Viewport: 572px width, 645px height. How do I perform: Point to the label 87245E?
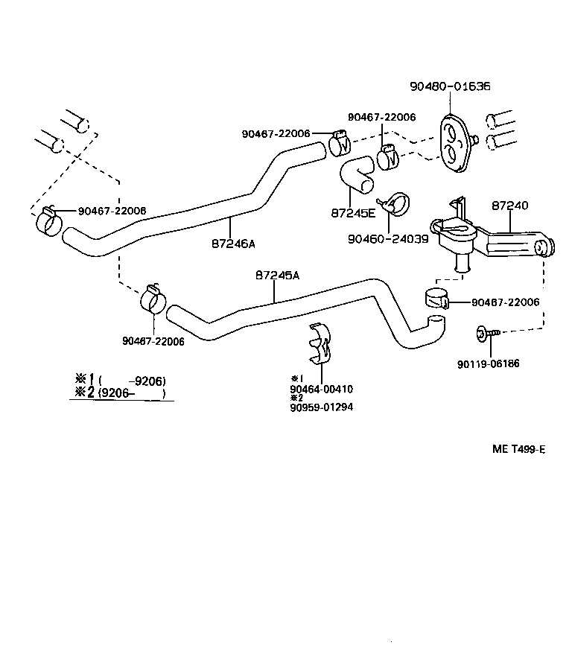click(353, 212)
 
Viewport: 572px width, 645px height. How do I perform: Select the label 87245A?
click(276, 275)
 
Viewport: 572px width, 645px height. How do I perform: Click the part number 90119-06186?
click(489, 363)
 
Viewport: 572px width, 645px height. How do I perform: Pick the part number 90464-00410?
click(322, 389)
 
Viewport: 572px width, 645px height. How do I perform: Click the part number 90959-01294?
click(322, 407)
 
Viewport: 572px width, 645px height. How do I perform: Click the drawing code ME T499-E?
click(518, 448)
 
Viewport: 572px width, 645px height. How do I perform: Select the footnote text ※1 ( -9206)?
click(119, 380)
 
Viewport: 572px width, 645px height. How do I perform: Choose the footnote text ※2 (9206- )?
click(119, 393)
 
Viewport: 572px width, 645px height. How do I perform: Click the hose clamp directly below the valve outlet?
click(436, 299)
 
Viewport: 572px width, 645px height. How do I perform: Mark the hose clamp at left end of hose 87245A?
click(153, 299)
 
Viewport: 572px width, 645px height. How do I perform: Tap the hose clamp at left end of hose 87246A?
click(48, 220)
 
